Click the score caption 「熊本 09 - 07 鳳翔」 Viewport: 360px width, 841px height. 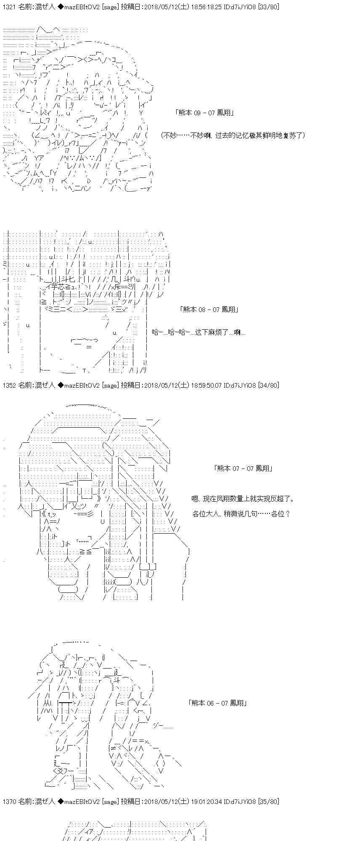pos(204,113)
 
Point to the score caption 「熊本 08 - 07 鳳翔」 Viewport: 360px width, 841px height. pos(209,309)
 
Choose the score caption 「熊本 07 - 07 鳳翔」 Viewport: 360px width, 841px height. pos(243,468)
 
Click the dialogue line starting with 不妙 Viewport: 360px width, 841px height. pos(233,135)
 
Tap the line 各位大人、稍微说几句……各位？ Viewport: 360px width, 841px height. pos(241,514)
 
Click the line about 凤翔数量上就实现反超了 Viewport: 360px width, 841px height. pos(243,499)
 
